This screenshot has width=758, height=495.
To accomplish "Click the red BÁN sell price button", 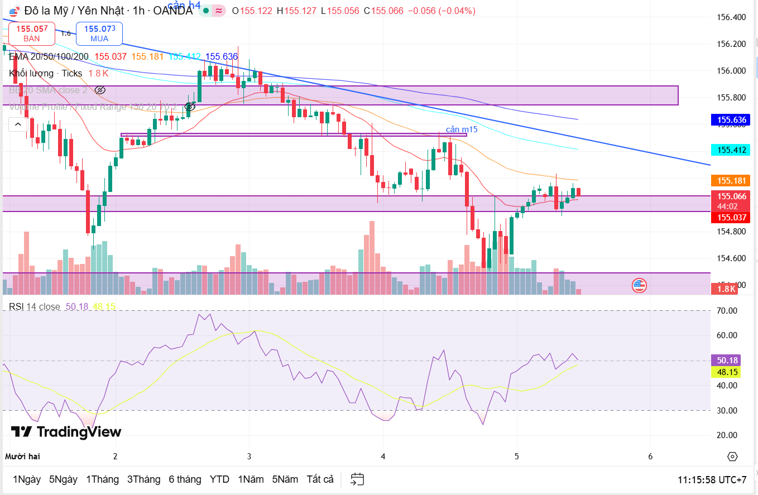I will [32, 33].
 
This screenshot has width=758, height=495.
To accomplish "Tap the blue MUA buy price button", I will [99, 33].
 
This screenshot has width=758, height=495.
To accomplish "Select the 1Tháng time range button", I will [102, 479].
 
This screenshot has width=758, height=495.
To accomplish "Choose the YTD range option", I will [219, 479].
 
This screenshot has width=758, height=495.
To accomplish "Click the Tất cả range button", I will [320, 479].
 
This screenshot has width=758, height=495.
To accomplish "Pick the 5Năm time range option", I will [285, 479].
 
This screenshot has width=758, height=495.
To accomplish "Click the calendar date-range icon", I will [357, 479].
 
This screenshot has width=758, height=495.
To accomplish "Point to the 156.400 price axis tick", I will [731, 17].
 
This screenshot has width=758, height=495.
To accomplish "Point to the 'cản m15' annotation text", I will [461, 129].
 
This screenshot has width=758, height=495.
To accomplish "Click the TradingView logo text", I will [66, 431].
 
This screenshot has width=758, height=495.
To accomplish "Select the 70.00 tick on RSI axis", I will [727, 311].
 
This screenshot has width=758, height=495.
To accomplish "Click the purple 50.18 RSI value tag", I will [726, 361].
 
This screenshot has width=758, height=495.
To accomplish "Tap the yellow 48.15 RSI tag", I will [726, 372].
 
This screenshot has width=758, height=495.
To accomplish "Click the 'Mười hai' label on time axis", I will [22, 456].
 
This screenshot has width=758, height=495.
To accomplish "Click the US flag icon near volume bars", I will [639, 286].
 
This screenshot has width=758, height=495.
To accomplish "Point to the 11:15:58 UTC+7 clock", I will [712, 480].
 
